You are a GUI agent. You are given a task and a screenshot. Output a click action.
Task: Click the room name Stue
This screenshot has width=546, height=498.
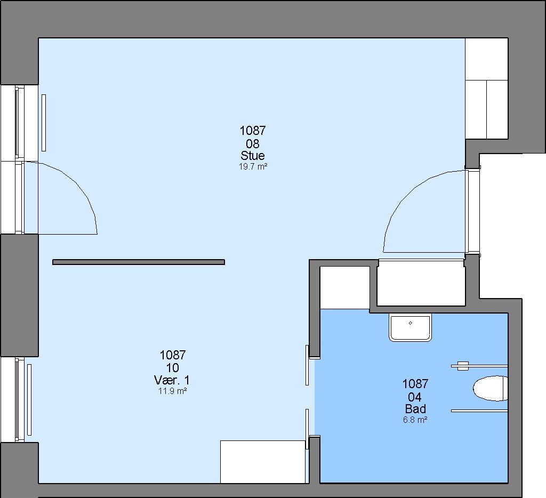point(253,155)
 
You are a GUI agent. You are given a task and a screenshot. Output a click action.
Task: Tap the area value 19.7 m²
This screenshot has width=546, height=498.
point(253,166)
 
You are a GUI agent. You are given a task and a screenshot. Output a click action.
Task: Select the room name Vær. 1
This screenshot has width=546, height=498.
point(172,380)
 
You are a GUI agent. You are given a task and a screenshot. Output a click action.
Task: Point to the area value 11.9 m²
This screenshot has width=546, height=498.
point(173,391)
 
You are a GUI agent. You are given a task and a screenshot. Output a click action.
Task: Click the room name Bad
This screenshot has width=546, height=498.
point(415,408)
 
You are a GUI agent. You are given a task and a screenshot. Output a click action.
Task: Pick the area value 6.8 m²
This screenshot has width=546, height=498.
point(415,420)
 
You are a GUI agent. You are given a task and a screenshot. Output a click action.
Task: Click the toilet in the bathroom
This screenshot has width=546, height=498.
point(491,388)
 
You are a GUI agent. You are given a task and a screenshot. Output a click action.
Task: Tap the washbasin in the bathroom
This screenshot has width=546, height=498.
point(411,327)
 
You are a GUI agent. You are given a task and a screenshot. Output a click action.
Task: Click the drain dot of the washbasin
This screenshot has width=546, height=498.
point(411,323)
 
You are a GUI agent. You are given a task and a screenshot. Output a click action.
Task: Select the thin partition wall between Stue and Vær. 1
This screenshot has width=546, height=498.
point(139,262)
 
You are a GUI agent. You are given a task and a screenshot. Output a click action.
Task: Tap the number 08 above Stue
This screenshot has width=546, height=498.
point(253,143)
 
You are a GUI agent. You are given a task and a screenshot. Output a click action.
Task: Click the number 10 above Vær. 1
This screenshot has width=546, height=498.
point(173,368)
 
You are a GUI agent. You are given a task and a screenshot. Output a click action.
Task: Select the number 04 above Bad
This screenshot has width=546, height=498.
point(415,397)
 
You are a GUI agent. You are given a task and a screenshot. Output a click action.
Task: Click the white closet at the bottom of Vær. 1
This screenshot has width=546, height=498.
point(263,462)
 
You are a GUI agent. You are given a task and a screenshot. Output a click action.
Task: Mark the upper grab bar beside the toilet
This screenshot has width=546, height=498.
point(479,366)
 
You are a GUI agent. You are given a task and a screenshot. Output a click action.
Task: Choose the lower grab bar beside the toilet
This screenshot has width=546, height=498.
point(479,411)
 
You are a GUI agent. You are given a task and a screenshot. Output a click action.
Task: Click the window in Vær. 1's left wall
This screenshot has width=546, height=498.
point(19,400)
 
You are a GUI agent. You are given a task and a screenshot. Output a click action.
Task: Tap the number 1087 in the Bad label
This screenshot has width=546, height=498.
point(415,384)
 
